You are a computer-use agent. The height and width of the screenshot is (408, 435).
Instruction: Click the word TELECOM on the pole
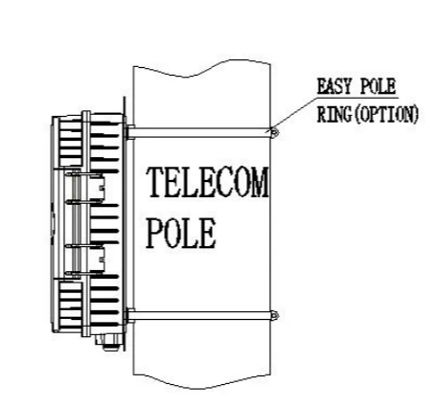click(208, 182)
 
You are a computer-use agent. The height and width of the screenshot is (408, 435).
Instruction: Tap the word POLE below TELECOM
click(181, 233)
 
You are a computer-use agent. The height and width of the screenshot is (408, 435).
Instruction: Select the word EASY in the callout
click(335, 86)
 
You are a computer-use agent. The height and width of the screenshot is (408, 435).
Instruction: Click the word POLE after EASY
click(378, 86)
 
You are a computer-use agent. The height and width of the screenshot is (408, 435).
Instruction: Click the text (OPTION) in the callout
click(386, 114)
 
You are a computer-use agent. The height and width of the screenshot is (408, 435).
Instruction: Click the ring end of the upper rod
click(275, 132)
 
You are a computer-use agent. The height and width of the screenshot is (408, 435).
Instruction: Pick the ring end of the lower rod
click(275, 316)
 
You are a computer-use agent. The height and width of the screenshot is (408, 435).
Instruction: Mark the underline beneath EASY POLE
click(357, 96)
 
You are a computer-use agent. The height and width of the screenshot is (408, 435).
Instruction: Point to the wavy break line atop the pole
click(202, 68)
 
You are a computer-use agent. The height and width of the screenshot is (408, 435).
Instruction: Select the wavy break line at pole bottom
click(202, 381)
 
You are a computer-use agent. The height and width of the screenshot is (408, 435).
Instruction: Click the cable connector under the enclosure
click(109, 342)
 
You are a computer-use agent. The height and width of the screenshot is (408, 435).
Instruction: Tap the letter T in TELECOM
click(155, 182)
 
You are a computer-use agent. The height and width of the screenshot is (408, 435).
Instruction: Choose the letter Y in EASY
click(348, 86)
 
